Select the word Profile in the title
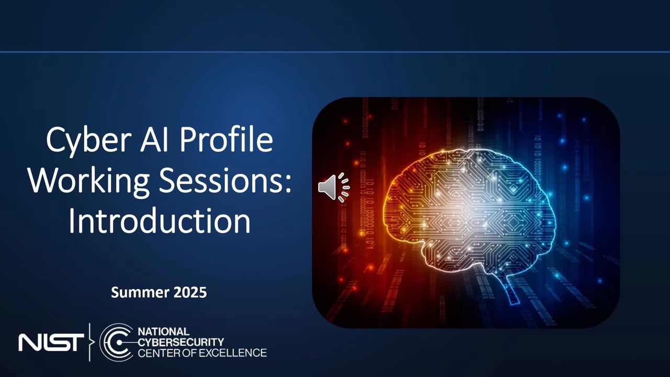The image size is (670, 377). tap(226, 139)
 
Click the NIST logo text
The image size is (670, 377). tap(51, 342)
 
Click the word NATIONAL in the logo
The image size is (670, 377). tap(163, 331)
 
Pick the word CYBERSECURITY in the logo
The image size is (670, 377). tap(181, 342)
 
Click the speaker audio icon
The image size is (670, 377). tap(334, 187)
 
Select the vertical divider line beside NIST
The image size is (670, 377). tap(90, 342)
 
